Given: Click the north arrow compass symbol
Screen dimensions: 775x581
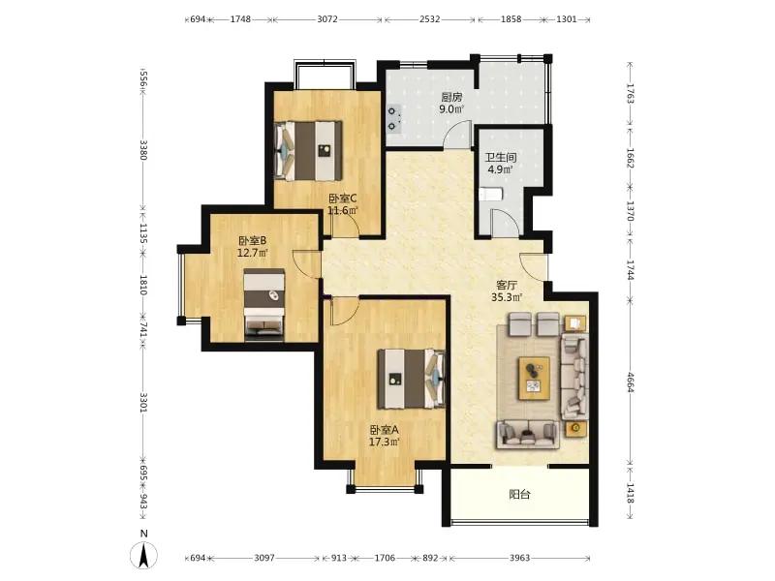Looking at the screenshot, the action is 143,555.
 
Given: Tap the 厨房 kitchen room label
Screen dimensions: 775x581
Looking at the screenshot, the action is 451,98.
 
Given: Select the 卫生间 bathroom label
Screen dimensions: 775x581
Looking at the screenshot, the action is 501,158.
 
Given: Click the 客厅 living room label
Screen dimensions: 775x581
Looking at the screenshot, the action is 507,286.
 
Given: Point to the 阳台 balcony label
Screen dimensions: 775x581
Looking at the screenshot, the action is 519,494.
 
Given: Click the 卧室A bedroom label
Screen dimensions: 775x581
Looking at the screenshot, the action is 384,430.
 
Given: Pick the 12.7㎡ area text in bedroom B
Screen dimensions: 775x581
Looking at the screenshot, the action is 253,254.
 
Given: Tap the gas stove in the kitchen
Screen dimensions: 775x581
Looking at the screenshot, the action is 393,119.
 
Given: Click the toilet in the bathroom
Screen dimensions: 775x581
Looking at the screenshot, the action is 491,195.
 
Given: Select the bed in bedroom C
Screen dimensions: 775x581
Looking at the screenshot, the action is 308,150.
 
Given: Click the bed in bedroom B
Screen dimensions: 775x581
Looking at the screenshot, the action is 264,305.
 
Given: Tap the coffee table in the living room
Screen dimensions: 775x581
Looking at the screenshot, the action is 535,378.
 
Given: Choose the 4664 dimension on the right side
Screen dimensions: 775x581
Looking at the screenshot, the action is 631,382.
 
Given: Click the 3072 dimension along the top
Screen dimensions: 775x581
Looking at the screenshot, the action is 327,19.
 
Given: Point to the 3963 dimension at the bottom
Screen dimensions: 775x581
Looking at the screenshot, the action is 519,558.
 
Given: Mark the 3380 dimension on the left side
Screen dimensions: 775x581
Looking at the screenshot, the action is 143,150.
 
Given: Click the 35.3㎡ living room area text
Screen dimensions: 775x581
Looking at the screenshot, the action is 507,297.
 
